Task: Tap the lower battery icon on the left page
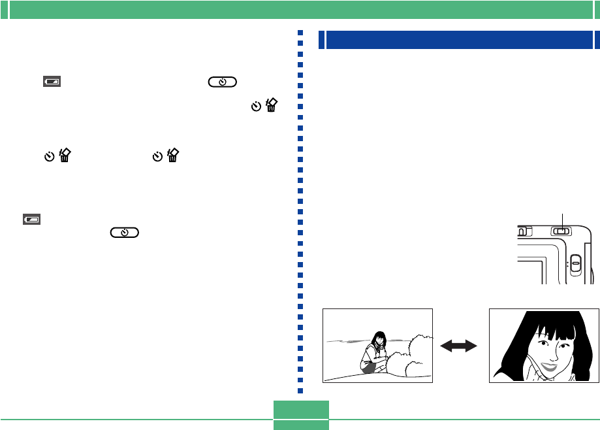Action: tap(31, 220)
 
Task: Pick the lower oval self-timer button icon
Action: tap(125, 233)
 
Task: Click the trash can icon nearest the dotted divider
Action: tap(272, 106)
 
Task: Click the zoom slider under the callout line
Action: tap(561, 231)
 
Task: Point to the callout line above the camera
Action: tap(561, 218)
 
